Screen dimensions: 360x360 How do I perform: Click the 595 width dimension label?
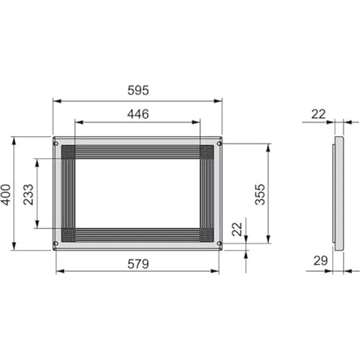138,90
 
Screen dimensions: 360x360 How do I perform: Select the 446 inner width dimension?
138,114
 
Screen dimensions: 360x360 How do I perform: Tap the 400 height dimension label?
6,195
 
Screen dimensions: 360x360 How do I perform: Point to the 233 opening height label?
28,195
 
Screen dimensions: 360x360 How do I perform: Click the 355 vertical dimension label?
260,194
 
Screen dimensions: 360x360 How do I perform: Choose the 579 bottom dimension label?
138,264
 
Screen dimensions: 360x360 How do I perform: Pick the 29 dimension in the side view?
320,261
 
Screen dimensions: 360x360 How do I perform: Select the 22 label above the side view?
318,114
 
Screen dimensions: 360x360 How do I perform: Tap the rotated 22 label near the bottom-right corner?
237,229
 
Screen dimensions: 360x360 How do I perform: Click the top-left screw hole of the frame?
56,144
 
